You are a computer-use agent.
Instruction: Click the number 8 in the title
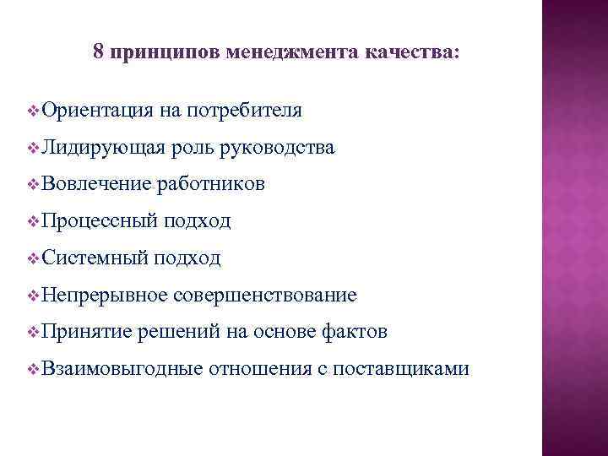(98, 52)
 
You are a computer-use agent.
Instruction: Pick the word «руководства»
(276, 148)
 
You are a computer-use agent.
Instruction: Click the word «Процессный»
(98, 221)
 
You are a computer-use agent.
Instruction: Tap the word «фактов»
(356, 332)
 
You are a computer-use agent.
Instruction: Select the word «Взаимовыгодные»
(120, 369)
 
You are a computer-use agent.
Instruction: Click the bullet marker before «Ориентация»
(32, 111)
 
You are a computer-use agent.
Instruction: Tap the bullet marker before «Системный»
(32, 258)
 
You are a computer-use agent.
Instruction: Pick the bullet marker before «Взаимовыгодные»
(32, 369)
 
